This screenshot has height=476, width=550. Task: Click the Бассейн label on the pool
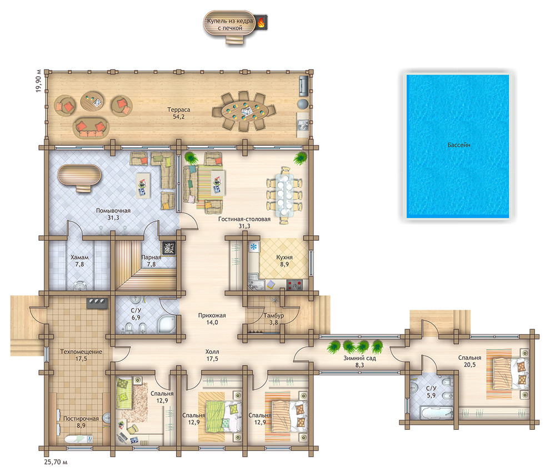pos(459,145)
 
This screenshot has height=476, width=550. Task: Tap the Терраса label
pos(178,110)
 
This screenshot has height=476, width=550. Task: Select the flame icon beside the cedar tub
pos(261,23)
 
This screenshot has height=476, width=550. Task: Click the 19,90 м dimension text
pos(38,81)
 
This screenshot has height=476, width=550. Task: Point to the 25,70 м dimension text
pos(56,462)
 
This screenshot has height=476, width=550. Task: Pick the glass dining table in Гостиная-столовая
pos(284,195)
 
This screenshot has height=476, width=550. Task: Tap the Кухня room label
pos(284,257)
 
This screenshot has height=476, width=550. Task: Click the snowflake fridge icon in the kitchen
pos(253,246)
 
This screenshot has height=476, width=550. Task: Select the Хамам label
pos(79,257)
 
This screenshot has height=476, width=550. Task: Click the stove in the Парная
pos(169,248)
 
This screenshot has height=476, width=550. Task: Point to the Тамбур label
pos(273,315)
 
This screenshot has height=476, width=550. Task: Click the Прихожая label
pos(212,315)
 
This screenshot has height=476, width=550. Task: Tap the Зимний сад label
pos(359,359)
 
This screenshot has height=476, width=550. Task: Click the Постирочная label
pos(81,418)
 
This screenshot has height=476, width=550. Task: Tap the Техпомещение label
pos(81,351)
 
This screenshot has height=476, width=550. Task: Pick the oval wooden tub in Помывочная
pos(79,177)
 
